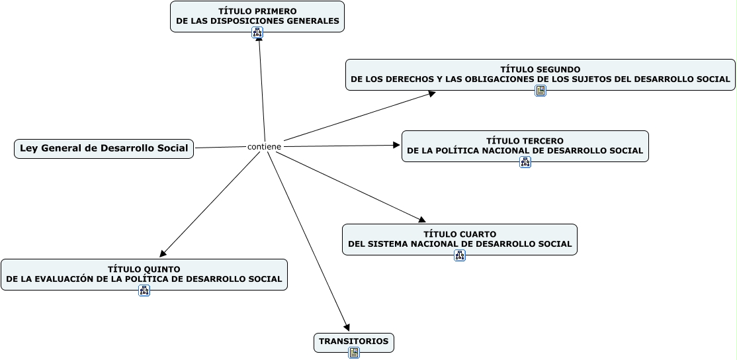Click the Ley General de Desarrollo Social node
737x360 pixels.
[104, 148]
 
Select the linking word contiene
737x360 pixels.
[264, 146]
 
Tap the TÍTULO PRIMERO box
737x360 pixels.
[257, 16]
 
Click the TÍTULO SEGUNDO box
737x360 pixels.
[540, 73]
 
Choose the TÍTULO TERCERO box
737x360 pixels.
[525, 146]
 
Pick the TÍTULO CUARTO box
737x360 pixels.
[459, 239]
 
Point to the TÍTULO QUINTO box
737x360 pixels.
[144, 274]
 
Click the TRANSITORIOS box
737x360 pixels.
[353, 341]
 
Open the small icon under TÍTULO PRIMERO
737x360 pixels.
[257, 32]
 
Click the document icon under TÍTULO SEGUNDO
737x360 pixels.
[541, 91]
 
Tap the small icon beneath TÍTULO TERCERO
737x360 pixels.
[525, 162]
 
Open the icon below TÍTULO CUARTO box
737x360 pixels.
[460, 255]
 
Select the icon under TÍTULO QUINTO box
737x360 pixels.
[144, 291]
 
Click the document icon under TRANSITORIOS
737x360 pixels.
[354, 353]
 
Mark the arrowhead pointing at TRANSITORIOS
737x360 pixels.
[347, 328]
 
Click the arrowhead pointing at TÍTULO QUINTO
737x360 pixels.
[163, 253]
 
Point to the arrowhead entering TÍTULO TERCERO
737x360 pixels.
[397, 145]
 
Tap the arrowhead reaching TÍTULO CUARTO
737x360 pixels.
[422, 220]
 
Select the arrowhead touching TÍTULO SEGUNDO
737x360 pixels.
[431, 93]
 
